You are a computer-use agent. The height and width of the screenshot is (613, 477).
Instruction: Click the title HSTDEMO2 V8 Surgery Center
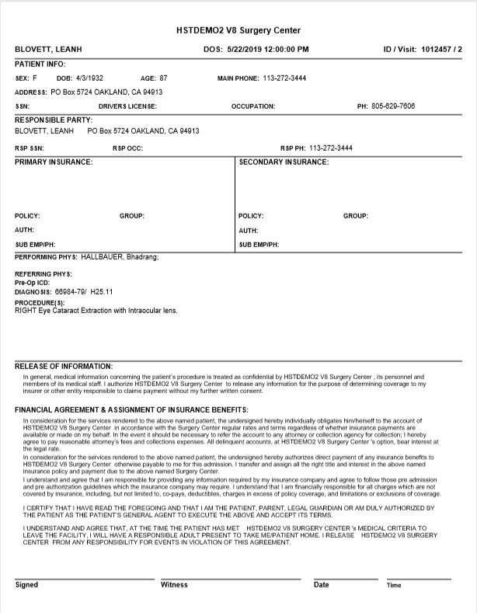tap(238, 30)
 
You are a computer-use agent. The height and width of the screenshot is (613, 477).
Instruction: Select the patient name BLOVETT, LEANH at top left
tap(48, 50)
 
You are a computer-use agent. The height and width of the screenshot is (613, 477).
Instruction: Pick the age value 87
tap(163, 78)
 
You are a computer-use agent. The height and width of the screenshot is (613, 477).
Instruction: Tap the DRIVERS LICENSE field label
tap(127, 106)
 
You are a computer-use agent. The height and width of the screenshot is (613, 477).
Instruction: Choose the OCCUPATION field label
tap(252, 106)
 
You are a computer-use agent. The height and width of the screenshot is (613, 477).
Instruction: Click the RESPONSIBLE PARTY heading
tap(54, 120)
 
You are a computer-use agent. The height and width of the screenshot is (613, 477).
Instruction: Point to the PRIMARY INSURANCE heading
tap(54, 162)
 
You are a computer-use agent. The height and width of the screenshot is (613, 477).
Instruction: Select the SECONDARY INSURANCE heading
tap(284, 162)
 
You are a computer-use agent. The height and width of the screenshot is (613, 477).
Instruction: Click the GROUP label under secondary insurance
tap(355, 216)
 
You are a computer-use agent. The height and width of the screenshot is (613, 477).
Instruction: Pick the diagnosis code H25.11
tap(102, 293)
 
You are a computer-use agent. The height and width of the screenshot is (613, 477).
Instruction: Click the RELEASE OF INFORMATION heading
tap(64, 366)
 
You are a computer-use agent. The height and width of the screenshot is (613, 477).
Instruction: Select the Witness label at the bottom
tap(174, 585)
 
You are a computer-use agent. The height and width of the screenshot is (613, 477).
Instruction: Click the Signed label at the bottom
tap(26, 585)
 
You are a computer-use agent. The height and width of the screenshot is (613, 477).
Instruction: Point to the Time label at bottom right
tap(394, 585)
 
